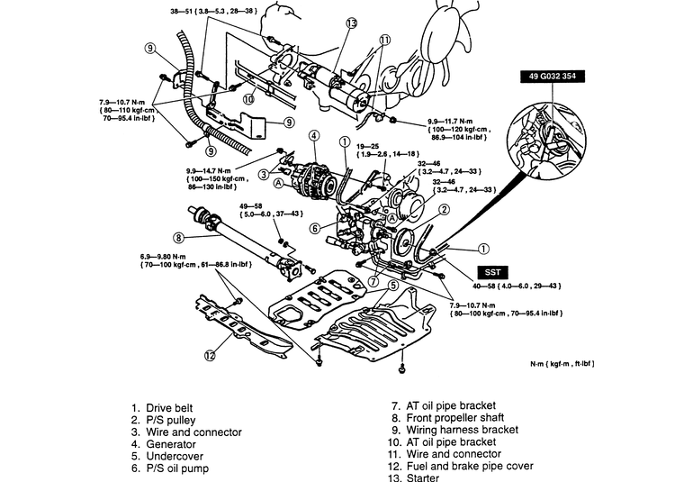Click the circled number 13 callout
click(350, 23)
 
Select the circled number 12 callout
click(210, 355)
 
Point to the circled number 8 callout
click(178, 238)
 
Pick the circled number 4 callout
click(313, 136)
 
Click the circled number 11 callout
click(385, 40)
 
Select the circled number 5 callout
click(392, 286)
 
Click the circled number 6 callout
click(316, 229)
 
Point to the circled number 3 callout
click(263, 174)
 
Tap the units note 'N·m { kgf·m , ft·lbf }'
click(562, 364)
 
